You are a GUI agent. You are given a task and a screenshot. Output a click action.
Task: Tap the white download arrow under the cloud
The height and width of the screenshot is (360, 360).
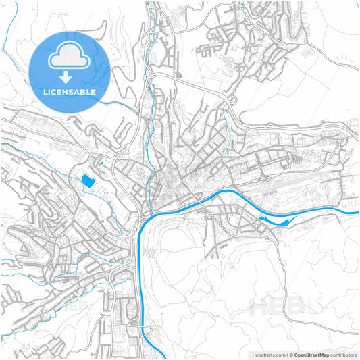point(70,76)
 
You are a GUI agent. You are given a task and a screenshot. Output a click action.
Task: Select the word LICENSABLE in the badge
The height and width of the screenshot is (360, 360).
point(70,91)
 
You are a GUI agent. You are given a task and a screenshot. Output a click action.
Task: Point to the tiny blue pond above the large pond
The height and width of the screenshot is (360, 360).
point(100,162)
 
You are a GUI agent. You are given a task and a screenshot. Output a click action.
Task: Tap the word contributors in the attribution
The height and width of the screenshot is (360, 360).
point(343,354)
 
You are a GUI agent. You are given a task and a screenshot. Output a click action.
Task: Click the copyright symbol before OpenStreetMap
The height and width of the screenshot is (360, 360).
point(290,354)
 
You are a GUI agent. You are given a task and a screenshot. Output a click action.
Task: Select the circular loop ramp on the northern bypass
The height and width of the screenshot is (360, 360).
point(232,100)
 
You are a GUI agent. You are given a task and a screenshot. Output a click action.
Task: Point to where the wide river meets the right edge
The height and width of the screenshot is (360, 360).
point(357,213)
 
